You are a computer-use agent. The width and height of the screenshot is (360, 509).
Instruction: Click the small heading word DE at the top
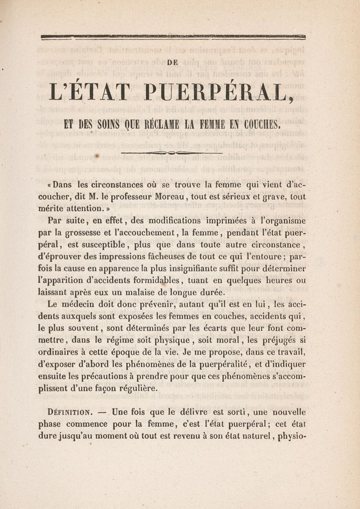pyautogui.click(x=173, y=63)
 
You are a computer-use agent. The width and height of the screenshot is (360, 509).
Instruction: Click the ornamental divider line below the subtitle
pyautogui.click(x=172, y=153)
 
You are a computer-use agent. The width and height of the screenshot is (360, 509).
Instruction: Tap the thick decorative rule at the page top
pyautogui.click(x=173, y=37)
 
